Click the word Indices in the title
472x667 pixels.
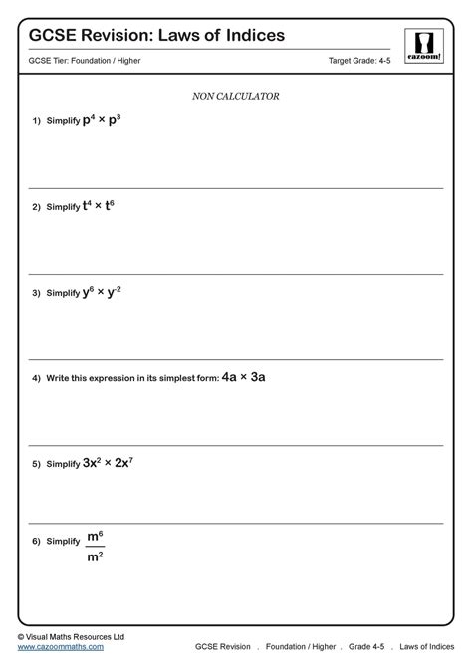249,35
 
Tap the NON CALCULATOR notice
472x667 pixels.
235,97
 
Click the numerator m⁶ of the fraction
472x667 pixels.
95,537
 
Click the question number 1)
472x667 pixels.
36,121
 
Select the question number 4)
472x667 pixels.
36,379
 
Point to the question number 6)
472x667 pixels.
36,541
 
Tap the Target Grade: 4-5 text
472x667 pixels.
360,62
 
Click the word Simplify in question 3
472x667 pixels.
63,294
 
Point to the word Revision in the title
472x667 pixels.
114,35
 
